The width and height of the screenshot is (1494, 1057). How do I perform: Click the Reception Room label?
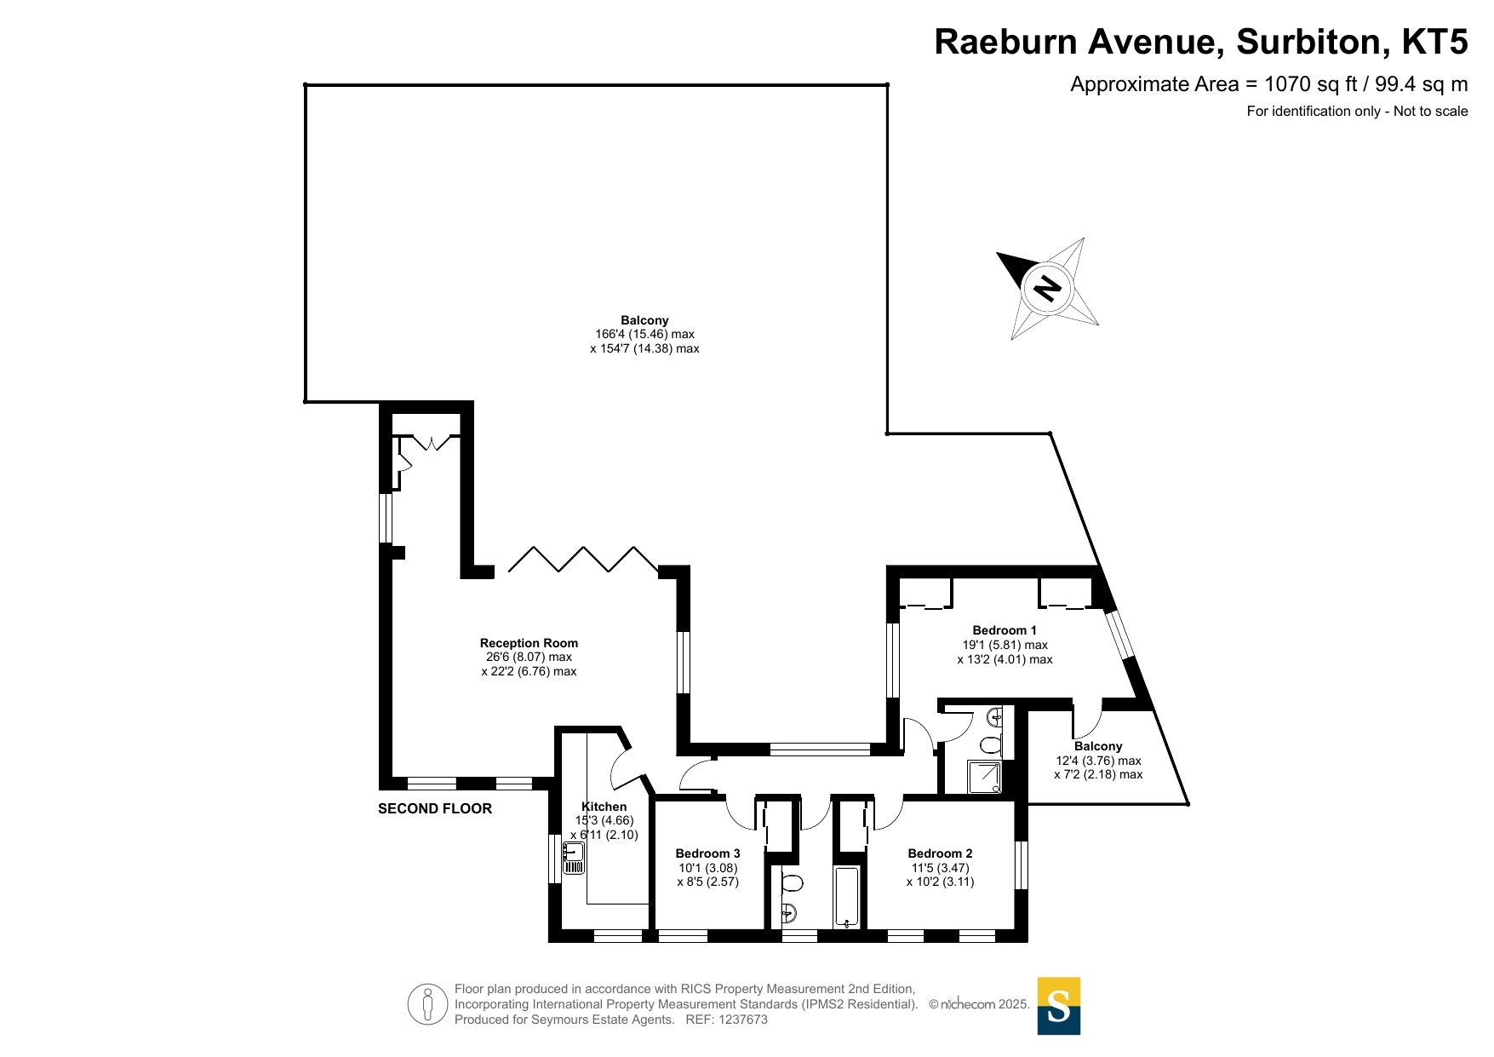pos(529,643)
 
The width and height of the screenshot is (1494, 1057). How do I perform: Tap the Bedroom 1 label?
pos(1005,630)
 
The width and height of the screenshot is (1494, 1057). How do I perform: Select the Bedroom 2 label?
pos(940,853)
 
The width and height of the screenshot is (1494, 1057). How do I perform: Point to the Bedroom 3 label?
pos(707,853)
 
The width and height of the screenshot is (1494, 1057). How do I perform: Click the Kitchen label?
pos(604,807)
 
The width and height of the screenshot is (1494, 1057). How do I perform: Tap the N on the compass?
pos(1047,288)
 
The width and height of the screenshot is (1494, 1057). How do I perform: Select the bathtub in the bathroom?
pos(847,897)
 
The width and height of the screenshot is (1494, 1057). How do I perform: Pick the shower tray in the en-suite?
pos(985,778)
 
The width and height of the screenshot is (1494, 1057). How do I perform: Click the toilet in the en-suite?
pos(991,745)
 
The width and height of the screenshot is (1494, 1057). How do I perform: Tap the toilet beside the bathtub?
pos(792,882)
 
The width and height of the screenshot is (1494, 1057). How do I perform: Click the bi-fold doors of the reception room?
pos(583,559)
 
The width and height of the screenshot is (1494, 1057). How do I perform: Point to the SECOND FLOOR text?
pos(435,808)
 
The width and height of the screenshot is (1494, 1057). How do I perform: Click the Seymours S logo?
pos(1059,1006)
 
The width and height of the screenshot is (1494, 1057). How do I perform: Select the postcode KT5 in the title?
pos(1435,42)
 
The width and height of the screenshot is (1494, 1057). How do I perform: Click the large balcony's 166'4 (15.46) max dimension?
pos(644,335)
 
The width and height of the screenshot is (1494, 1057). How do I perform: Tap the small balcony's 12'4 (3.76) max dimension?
pos(1098,761)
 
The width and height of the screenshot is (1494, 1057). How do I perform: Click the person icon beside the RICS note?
pos(427,1003)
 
